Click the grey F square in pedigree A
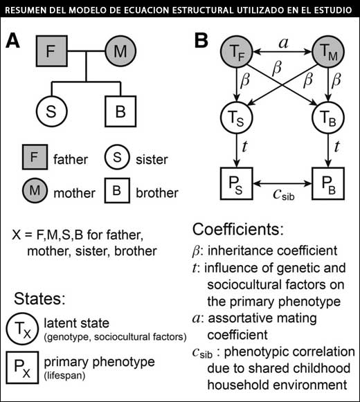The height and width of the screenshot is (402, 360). click(51, 51)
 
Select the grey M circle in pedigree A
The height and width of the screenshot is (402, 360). click(120, 51)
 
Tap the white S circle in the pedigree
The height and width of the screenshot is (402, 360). click(51, 111)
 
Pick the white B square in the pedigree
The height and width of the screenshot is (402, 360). click(120, 111)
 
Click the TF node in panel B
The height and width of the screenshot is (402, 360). click(237, 52)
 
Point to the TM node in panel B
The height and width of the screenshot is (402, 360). click(328, 52)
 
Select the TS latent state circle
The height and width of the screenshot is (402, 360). click(237, 118)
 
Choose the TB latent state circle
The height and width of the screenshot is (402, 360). click(328, 118)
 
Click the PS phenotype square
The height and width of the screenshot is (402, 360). click(237, 183)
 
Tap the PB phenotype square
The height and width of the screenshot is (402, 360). click(328, 183)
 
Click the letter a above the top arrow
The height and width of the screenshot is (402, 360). click(283, 43)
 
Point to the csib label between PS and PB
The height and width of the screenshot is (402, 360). click(284, 194)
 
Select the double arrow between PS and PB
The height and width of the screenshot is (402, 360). click(282, 183)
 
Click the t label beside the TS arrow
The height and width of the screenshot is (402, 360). click(244, 147)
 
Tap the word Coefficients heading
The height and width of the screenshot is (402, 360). click(238, 229)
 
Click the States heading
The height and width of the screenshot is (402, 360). click(39, 298)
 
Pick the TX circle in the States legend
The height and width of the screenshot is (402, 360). click(23, 329)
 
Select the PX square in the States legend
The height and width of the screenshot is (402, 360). click(23, 367)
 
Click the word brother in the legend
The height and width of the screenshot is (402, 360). click(157, 193)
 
